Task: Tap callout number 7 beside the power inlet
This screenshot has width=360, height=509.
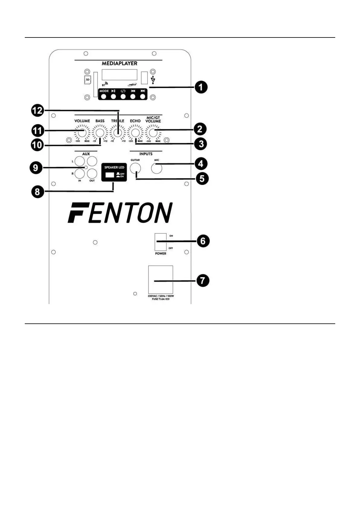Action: point(203,281)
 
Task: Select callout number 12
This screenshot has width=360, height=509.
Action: point(38,111)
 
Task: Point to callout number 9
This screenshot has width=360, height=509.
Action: point(36,167)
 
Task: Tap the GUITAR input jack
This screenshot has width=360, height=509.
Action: point(135,168)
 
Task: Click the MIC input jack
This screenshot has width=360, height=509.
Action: point(157,168)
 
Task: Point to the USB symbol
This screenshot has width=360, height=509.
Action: point(153,80)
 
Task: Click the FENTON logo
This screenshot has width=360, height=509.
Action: point(120,213)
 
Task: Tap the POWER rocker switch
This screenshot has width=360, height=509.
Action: point(161,242)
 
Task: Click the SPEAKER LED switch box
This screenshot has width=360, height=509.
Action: point(114,173)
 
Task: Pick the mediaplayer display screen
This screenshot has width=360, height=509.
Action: point(119,75)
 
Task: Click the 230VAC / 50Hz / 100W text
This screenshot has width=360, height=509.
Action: point(161,296)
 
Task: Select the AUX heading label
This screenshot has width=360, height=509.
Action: point(86,154)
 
